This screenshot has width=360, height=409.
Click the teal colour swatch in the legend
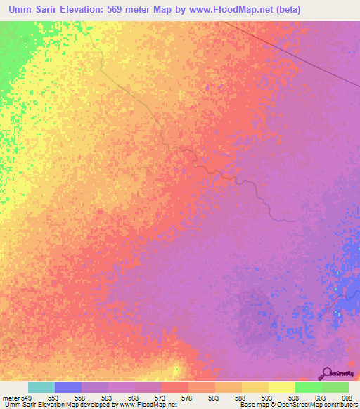pyautogui.click(x=41, y=387)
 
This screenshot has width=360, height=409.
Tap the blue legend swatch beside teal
pyautogui.click(x=68, y=387)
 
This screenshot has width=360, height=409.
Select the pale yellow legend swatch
pyautogui.click(x=282, y=387)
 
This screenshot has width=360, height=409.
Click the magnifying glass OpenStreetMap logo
pyautogui.click(x=326, y=373)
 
